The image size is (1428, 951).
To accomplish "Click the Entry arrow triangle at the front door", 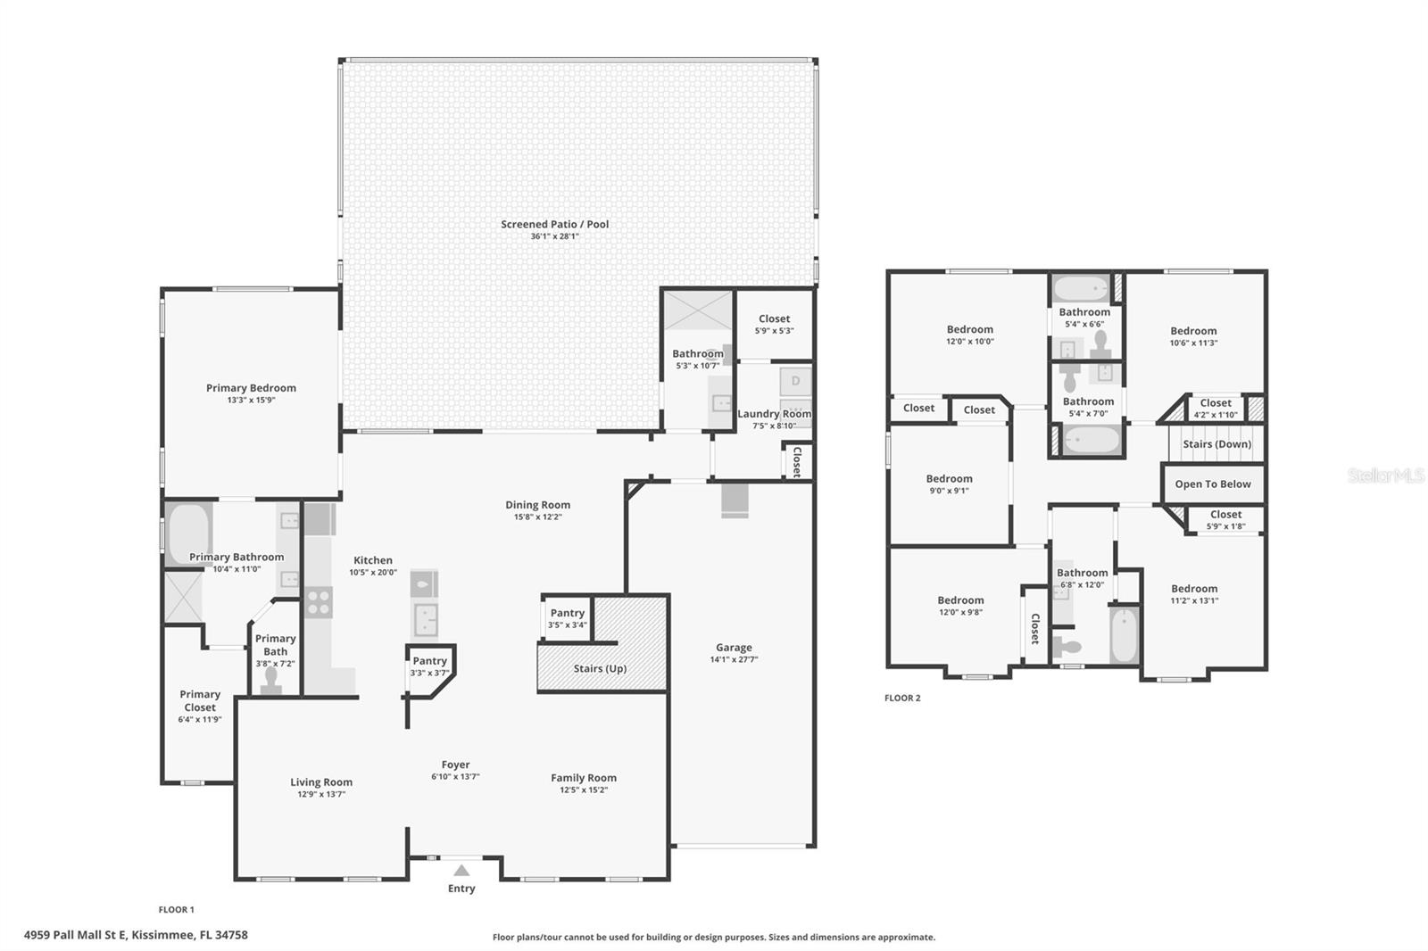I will click(x=461, y=871).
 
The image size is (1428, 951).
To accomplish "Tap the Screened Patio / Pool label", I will click(x=554, y=225).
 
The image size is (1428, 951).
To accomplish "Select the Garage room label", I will click(x=734, y=648).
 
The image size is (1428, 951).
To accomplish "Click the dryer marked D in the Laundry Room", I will click(x=795, y=382).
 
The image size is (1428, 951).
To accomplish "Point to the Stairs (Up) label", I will click(x=600, y=669).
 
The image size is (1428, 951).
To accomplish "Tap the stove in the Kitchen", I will click(x=319, y=602).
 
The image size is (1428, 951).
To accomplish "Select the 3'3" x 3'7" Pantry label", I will click(x=429, y=666).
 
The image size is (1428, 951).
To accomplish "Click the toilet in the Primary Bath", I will click(x=271, y=681).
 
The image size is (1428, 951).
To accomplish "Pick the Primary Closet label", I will click(x=200, y=700).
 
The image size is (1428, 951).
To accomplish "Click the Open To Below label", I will click(x=1212, y=484).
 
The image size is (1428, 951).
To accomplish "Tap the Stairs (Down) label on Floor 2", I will click(x=1216, y=444).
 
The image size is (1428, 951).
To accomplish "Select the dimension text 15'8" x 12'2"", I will click(x=537, y=517).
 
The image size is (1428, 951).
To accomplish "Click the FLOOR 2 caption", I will click(x=901, y=699).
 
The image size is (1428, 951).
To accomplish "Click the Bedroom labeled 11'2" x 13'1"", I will click(x=1194, y=589).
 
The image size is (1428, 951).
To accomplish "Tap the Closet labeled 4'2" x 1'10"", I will click(x=1216, y=403).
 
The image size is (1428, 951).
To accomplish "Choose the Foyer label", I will click(x=455, y=765).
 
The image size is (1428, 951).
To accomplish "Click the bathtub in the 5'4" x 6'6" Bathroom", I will click(x=1081, y=288).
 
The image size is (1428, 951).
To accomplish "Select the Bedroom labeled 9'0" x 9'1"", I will click(x=949, y=479).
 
